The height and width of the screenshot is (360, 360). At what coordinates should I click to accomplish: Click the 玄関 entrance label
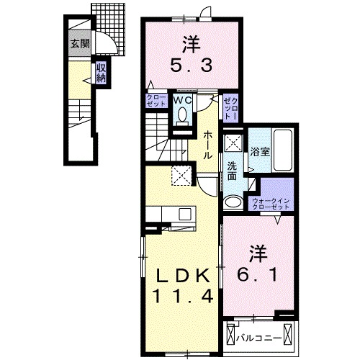(x=80, y=44)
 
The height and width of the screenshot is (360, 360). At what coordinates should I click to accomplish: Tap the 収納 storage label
(x=101, y=73)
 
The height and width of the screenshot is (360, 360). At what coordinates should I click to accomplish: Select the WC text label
(x=183, y=100)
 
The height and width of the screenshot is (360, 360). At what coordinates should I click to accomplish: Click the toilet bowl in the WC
(x=182, y=114)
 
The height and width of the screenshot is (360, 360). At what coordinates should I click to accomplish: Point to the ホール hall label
(x=207, y=145)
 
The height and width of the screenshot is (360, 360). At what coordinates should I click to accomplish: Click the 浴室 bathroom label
(x=260, y=152)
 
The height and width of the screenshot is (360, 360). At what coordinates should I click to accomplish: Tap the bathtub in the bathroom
(x=283, y=150)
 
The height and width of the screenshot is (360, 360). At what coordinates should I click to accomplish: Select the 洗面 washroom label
(x=232, y=171)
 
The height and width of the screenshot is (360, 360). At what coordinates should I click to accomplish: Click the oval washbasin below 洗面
(x=233, y=202)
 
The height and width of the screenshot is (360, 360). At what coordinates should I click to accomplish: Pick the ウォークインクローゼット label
(x=271, y=204)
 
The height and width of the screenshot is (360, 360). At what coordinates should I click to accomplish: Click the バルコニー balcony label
(x=258, y=339)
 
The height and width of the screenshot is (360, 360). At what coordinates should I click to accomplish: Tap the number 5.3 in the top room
(x=192, y=66)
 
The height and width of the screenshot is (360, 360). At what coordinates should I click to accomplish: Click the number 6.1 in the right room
(x=258, y=274)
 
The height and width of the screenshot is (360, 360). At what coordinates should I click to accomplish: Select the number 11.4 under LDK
(x=182, y=296)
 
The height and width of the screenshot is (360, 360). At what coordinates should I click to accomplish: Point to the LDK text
(x=183, y=276)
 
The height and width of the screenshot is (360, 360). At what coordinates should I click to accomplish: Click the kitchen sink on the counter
(x=185, y=214)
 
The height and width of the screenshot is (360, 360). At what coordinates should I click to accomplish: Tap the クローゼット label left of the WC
(x=156, y=101)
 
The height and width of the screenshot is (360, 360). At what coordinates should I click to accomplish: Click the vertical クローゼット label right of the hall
(x=230, y=109)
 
